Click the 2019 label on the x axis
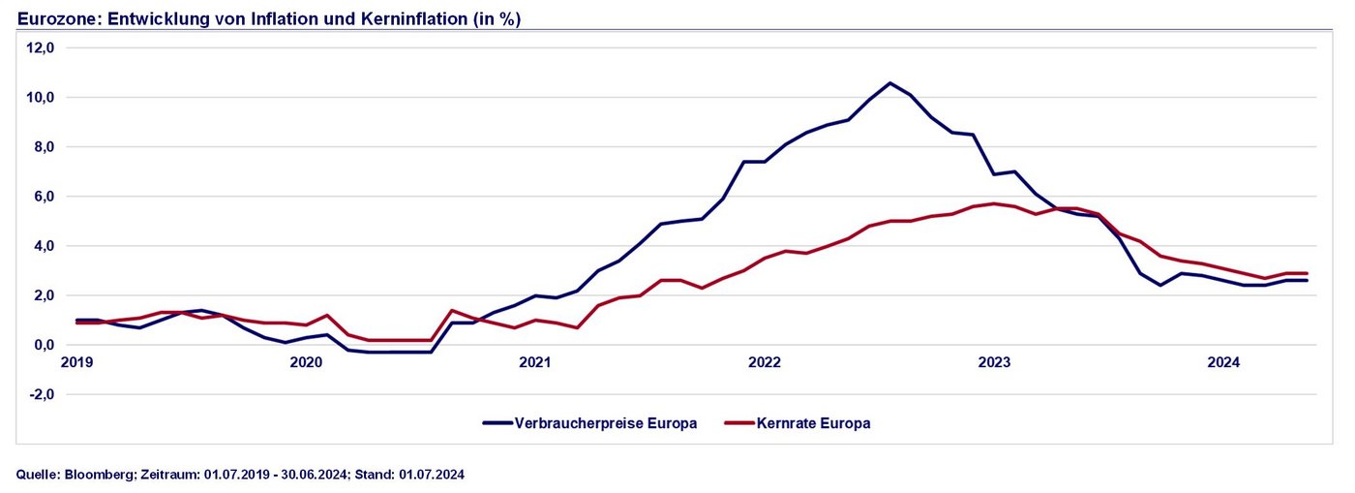tap(76, 363)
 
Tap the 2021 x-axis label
tap(535, 363)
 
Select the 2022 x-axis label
tap(765, 363)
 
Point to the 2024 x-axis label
tap(1223, 363)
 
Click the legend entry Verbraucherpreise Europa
tap(606, 423)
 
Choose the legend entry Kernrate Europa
tap(814, 423)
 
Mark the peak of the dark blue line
tap(890, 83)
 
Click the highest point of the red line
tap(993, 203)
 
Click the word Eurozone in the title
tap(53, 19)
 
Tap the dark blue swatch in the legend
tap(497, 423)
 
